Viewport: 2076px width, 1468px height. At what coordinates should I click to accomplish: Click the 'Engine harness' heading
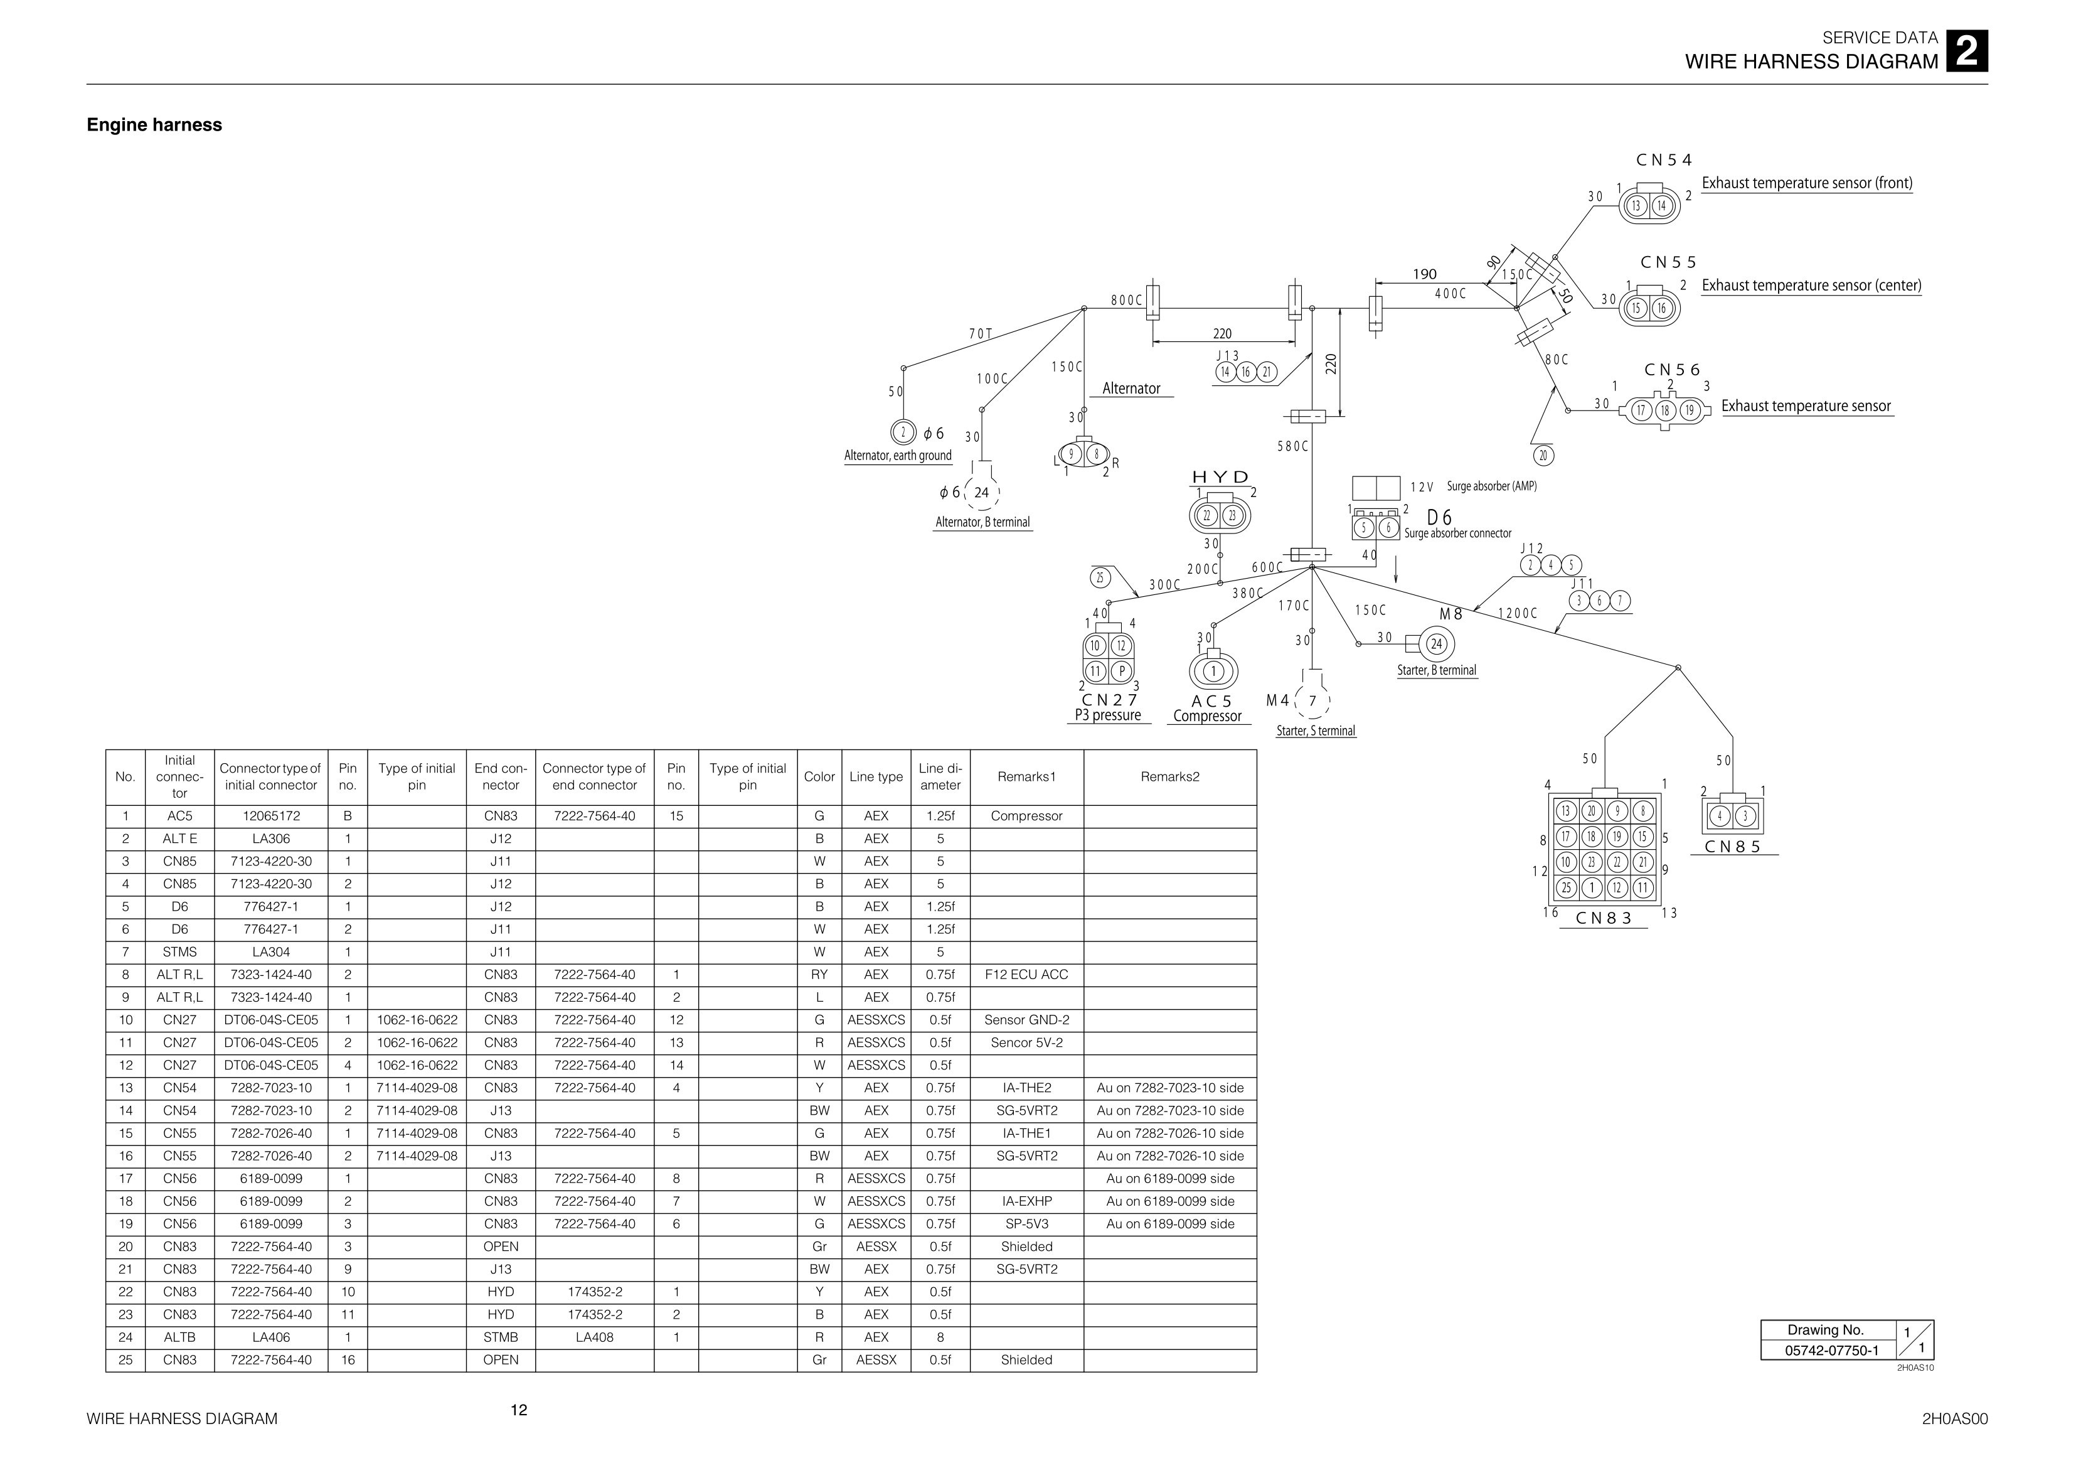click(x=154, y=125)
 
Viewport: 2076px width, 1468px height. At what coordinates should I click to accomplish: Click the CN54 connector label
click(x=1664, y=160)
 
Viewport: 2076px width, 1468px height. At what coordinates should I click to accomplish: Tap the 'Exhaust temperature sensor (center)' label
click(x=1811, y=286)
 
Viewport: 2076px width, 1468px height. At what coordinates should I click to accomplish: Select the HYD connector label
click(x=1221, y=476)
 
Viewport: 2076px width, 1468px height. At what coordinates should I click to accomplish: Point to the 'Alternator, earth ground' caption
click(x=898, y=456)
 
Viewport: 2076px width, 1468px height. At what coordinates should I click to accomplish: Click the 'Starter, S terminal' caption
click(x=1316, y=731)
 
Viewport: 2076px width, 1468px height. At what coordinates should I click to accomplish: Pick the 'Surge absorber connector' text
click(x=1457, y=533)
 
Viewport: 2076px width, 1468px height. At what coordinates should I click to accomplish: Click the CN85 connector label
click(x=1732, y=847)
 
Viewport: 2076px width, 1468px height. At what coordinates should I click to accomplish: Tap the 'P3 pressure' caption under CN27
click(x=1107, y=715)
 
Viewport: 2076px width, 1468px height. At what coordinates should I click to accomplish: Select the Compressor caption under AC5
click(x=1207, y=716)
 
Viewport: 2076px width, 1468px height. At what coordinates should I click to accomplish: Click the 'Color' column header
click(x=819, y=777)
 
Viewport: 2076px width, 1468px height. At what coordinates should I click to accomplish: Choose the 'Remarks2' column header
click(x=1170, y=777)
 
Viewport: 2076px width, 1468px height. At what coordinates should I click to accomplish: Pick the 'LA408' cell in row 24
click(x=594, y=1337)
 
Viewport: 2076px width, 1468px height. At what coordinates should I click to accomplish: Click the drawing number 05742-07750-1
click(x=1826, y=1351)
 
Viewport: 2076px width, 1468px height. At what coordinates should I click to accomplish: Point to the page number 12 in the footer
click(x=519, y=1410)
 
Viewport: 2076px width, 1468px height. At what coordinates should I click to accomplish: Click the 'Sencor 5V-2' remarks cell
click(x=1026, y=1043)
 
